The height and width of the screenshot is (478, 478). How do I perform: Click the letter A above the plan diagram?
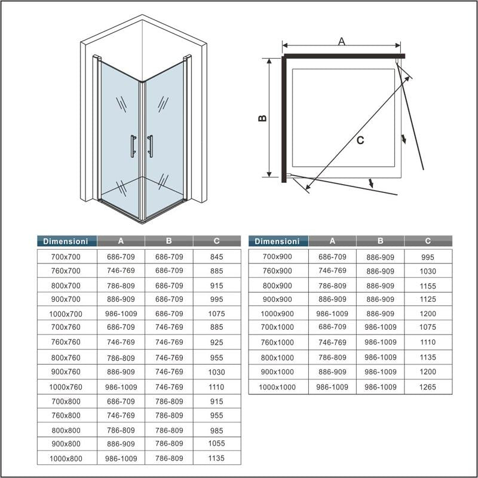(342, 41)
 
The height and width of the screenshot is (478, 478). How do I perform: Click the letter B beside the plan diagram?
(262, 118)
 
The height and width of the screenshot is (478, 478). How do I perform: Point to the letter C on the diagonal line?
(360, 140)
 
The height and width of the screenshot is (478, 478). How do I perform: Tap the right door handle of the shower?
(149, 146)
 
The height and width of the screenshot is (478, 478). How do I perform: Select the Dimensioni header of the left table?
(66, 241)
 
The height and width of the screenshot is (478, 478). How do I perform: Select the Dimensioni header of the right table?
(277, 241)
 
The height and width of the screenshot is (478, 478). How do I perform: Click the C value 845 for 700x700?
(216, 257)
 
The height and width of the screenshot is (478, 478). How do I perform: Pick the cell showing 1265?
(428, 387)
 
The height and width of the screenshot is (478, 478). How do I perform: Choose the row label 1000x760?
(66, 387)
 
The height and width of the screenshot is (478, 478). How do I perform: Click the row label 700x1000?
(277, 327)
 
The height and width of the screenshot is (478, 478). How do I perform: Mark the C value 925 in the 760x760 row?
(216, 342)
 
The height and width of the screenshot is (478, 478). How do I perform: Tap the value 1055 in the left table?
(216, 444)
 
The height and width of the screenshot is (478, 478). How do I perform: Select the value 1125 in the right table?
(428, 299)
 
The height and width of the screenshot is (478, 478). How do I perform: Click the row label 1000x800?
(66, 459)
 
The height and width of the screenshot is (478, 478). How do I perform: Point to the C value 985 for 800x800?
(216, 430)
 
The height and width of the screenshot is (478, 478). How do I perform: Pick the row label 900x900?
(277, 299)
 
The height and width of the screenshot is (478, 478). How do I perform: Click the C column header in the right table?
(428, 241)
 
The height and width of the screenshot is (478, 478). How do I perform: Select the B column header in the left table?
(169, 241)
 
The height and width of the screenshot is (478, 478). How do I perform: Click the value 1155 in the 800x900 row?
(428, 286)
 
